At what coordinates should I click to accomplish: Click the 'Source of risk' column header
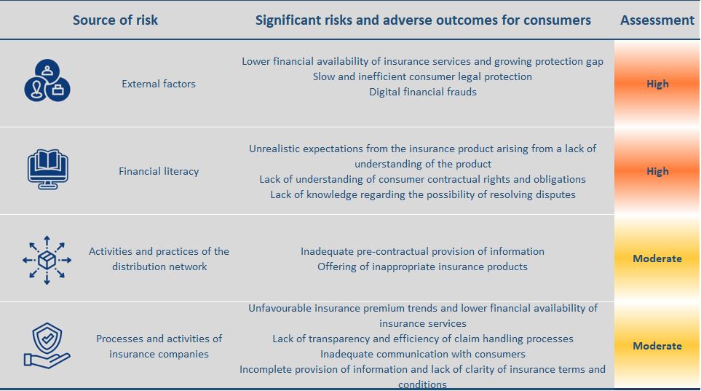click(115, 20)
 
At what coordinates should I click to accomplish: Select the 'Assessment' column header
click(657, 20)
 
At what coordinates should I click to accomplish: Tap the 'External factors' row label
click(159, 84)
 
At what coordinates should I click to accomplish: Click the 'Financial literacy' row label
click(159, 171)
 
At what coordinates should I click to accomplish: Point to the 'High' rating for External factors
click(657, 84)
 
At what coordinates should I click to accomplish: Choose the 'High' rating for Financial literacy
click(657, 171)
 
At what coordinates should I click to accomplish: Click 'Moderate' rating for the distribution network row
click(657, 258)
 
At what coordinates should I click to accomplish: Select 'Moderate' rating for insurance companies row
click(657, 346)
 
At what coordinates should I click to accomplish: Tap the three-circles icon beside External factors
click(47, 80)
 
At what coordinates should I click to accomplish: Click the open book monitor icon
click(47, 169)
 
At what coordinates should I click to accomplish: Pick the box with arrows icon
click(47, 259)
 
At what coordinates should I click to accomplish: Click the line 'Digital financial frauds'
click(422, 92)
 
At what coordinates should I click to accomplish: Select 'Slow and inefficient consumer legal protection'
click(422, 76)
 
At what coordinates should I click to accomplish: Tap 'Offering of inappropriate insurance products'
click(422, 266)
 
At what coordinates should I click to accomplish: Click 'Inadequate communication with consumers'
click(422, 354)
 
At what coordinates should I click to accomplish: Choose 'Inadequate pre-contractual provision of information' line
click(422, 251)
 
